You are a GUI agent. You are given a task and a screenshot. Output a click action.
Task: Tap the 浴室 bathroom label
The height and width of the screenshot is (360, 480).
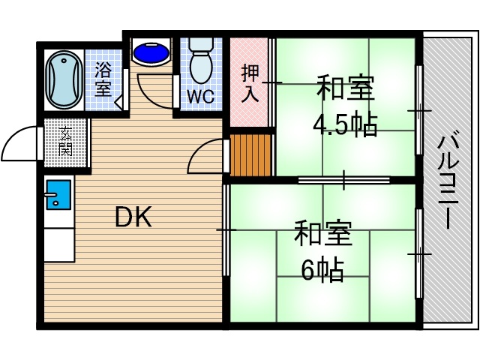click(x=103, y=80)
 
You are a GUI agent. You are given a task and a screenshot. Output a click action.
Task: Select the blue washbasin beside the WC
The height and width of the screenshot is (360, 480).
click(x=152, y=53)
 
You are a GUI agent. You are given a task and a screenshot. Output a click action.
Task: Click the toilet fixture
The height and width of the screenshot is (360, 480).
click(x=200, y=60)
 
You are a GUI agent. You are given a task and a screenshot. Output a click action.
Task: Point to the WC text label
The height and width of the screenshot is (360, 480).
click(x=200, y=96)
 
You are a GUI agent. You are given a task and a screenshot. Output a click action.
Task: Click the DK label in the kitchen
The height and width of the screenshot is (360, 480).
click(x=133, y=217)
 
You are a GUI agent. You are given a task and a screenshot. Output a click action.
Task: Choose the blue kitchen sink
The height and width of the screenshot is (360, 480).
click(x=57, y=195)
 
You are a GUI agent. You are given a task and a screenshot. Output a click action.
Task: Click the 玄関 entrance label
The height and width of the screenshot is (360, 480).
click(x=65, y=142)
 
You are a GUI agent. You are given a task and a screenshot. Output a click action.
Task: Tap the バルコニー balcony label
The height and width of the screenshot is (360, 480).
click(x=449, y=180)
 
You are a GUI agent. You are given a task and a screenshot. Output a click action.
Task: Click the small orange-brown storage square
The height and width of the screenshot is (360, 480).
click(x=249, y=154)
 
